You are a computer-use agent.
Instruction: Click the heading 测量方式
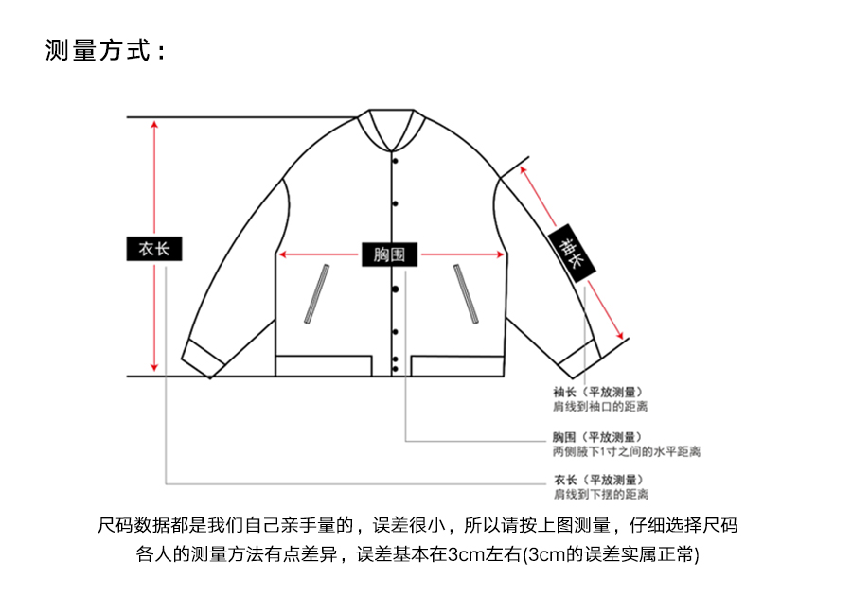coord(105,50)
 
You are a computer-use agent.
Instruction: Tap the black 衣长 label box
coord(154,249)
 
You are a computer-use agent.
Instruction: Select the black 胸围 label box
coord(390,254)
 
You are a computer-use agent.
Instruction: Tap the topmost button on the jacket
coord(395,160)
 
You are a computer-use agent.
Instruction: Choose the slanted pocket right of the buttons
coord(465,293)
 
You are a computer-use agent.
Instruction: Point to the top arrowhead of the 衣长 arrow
coord(154,124)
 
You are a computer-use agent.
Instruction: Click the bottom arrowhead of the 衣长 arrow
coord(154,369)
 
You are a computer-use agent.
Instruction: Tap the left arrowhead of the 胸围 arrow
coord(281,254)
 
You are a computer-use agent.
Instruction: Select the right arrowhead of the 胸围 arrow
coord(501,254)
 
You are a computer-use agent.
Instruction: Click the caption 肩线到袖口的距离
coord(600,406)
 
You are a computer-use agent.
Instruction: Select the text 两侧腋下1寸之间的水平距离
coord(627,452)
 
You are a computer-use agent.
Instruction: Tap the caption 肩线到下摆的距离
coord(600,495)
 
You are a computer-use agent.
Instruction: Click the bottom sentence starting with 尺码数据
coord(417,525)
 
